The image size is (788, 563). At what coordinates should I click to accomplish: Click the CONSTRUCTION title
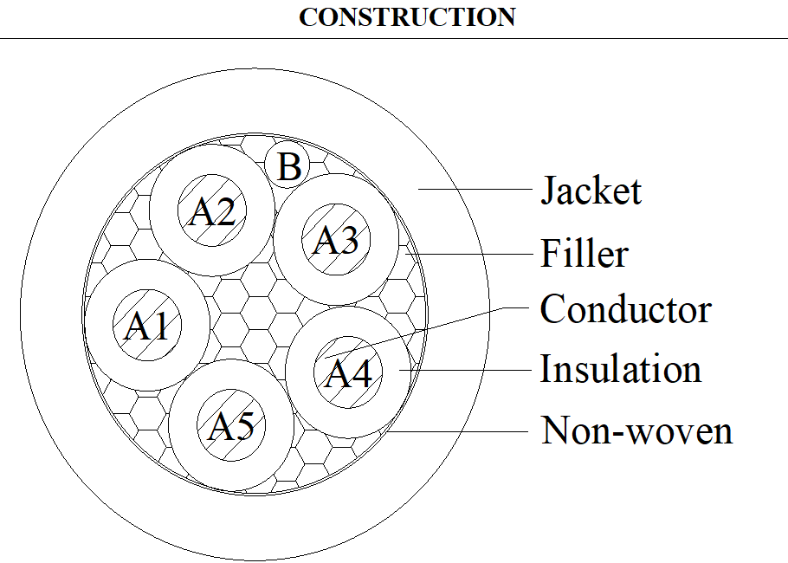407,17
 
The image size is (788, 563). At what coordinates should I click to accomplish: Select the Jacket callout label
591,190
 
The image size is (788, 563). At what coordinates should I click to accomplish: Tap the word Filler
585,253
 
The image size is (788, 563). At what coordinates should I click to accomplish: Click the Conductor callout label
626,308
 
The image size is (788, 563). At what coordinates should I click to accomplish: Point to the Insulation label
621,369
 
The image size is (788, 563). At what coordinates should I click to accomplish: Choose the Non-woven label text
636,430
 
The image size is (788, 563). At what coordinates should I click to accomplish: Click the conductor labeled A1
146,325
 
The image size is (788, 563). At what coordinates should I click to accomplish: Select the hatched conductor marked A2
212,210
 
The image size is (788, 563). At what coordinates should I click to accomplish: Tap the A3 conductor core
336,239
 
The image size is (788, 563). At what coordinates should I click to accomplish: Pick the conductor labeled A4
348,372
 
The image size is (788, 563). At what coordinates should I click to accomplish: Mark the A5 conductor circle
231,425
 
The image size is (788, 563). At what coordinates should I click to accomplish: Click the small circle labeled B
287,165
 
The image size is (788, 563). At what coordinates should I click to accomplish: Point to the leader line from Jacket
475,189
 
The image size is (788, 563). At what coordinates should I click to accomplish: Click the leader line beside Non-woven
458,431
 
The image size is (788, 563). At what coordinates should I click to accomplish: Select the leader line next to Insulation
465,370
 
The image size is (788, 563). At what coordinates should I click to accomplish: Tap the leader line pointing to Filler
468,253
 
